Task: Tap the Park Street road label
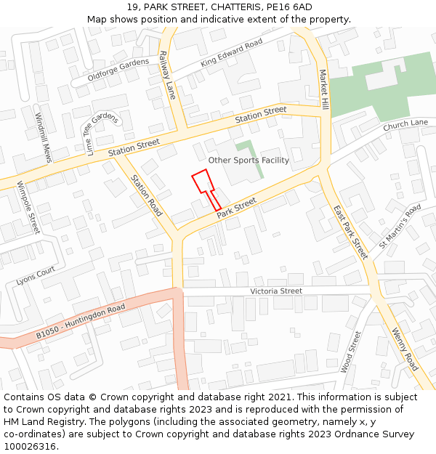(x=237, y=206)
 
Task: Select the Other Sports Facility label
(x=249, y=161)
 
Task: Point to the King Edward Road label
(x=231, y=53)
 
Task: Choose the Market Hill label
(x=323, y=89)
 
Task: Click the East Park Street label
(x=351, y=232)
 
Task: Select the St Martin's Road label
(x=400, y=226)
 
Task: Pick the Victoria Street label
(x=276, y=291)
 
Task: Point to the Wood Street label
(x=351, y=352)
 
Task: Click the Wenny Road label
(x=405, y=349)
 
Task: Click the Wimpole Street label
(x=28, y=207)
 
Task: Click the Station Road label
(x=146, y=196)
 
